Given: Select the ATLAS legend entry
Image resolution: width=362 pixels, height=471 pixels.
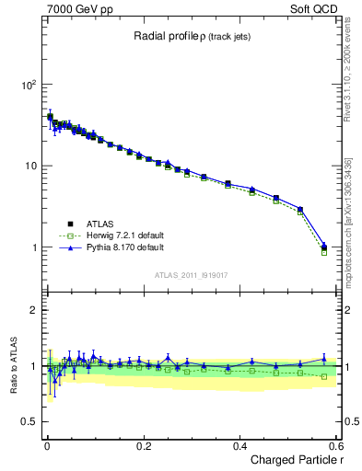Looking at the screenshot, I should pyautogui.click(x=99, y=224).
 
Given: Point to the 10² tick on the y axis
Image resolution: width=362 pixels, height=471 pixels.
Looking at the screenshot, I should pyautogui.click(x=28, y=85).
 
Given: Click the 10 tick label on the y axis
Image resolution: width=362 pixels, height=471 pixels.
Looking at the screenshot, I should pyautogui.click(x=30, y=167).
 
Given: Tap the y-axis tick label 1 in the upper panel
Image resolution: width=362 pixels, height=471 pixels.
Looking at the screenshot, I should pyautogui.click(x=34, y=248).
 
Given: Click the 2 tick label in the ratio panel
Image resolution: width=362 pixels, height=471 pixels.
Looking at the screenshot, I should pyautogui.click(x=34, y=310).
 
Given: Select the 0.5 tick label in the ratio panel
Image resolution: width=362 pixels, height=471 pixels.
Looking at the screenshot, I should pyautogui.click(x=29, y=422).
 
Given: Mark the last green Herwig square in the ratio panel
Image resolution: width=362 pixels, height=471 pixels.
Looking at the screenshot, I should pyautogui.click(x=323, y=376).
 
